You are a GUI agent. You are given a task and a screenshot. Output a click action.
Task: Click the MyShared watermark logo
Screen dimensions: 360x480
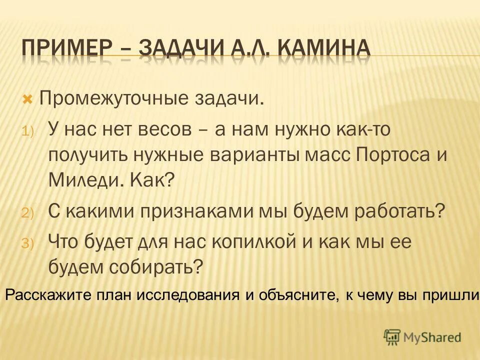point(422,337)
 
